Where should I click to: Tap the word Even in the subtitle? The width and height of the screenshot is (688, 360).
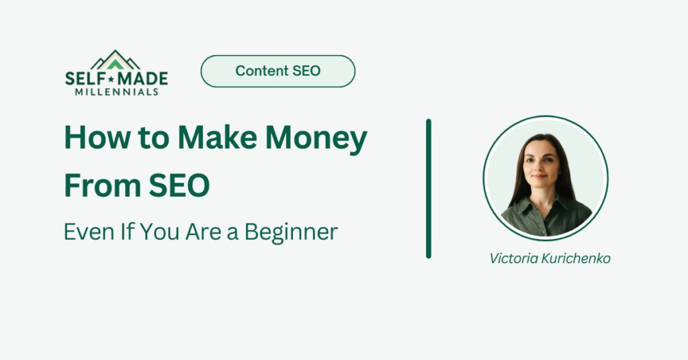click(x=84, y=232)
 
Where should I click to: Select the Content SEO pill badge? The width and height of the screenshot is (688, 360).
click(x=277, y=71)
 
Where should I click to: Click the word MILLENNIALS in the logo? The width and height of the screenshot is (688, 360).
click(x=116, y=91)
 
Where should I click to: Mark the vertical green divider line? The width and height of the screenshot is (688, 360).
click(x=428, y=188)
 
